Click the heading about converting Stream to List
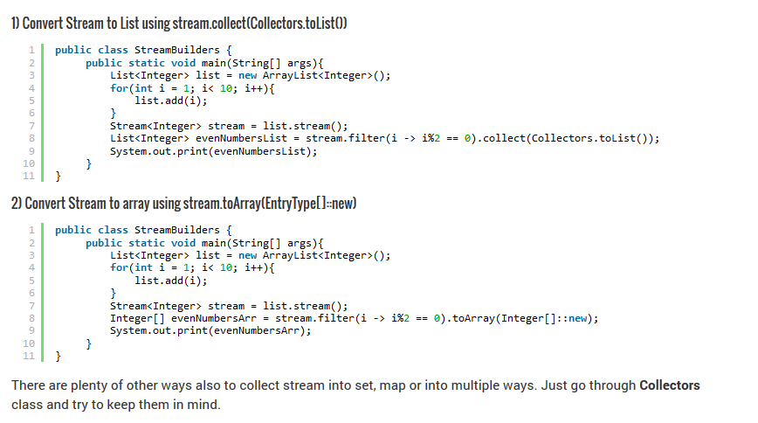(180, 24)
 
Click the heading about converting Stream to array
(184, 204)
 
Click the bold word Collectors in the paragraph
(670, 385)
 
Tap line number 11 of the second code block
(28, 356)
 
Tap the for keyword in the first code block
(119, 88)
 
